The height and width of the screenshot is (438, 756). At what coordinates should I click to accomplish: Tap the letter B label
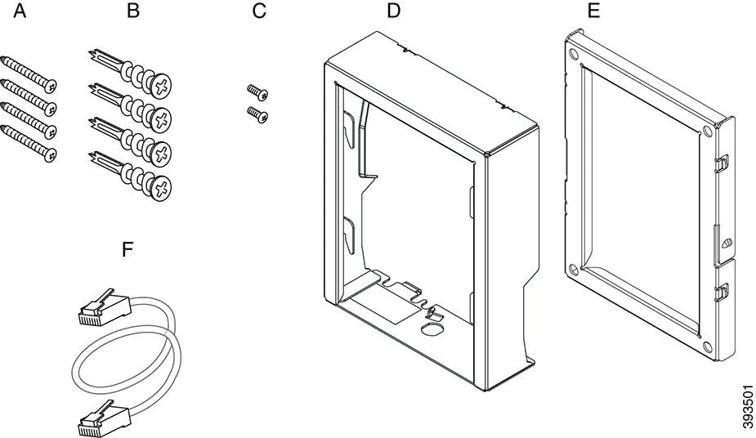pos(133,12)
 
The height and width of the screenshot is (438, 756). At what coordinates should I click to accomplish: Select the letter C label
pos(260,12)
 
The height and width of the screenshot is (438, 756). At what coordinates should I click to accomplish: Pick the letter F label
pos(127,249)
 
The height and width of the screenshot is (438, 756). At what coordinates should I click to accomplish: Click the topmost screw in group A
pos(29,70)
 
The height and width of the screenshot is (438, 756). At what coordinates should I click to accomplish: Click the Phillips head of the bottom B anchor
pos(164,188)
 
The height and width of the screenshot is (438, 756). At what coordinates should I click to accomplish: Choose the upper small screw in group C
pos(256,92)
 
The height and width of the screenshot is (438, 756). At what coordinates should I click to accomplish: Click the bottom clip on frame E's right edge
pos(723,290)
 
